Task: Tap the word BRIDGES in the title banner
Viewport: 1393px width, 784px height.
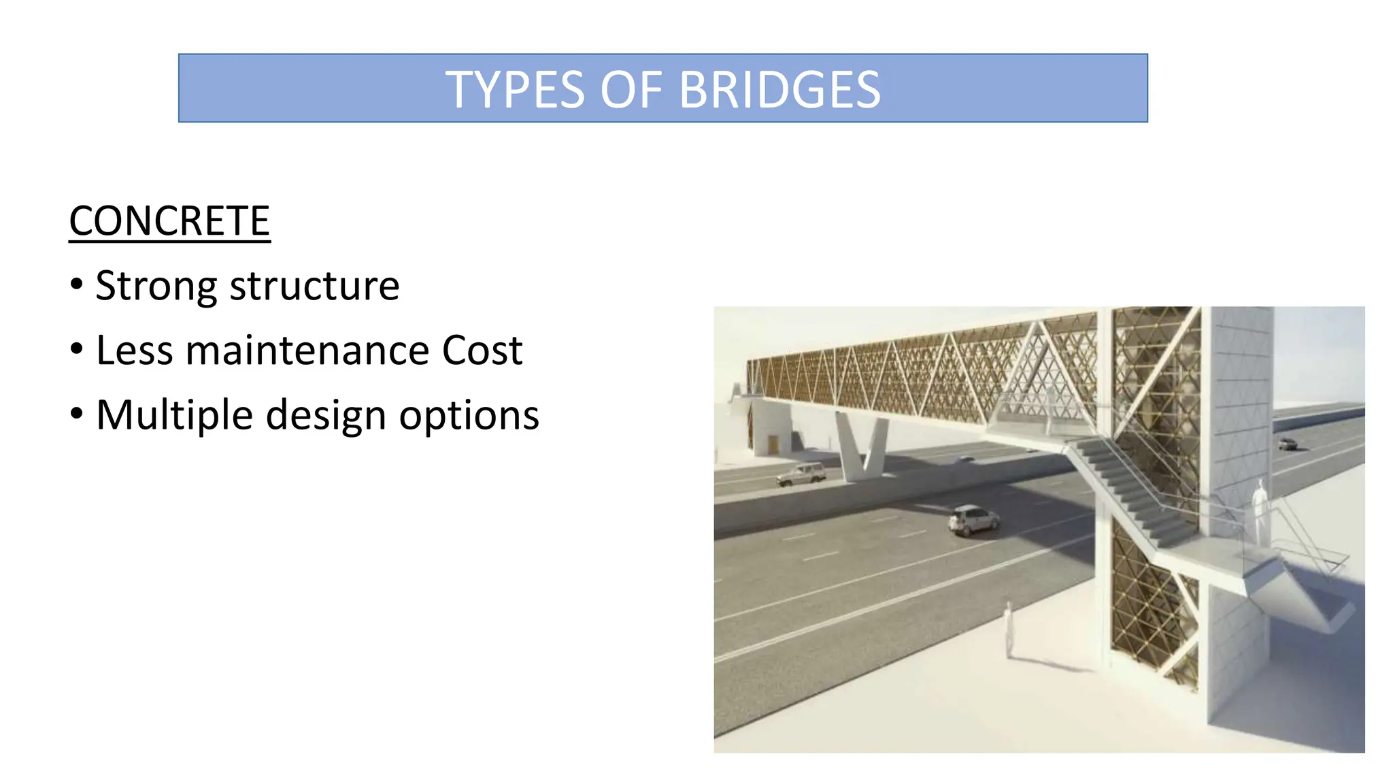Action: tap(779, 90)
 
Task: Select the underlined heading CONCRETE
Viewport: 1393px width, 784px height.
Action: tap(169, 221)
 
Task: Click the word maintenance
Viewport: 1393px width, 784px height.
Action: tap(307, 350)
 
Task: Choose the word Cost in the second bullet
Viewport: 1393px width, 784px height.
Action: tap(482, 350)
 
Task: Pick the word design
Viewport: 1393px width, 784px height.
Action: tap(326, 415)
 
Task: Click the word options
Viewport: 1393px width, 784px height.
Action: tap(469, 415)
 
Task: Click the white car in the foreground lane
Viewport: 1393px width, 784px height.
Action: tap(973, 521)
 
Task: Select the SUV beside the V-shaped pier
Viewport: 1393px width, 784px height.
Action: tap(802, 474)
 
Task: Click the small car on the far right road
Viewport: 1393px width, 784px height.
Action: tap(1287, 444)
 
